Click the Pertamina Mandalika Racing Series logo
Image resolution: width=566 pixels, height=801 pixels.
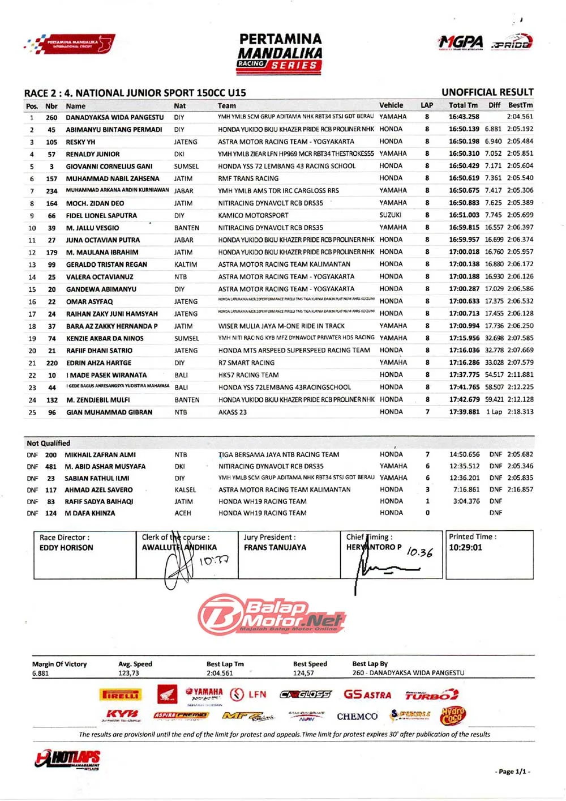coord(280,54)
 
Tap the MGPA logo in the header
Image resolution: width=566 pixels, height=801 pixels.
coord(461,42)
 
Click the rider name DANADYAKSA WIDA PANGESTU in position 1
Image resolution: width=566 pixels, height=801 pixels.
coord(114,117)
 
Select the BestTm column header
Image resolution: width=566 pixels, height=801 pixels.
coord(520,105)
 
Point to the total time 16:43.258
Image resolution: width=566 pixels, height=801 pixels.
coord(464,117)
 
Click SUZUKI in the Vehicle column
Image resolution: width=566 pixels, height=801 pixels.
coord(391,215)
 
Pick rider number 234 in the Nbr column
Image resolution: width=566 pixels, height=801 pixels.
coord(52,191)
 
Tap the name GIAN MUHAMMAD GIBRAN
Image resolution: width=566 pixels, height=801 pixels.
coord(109,412)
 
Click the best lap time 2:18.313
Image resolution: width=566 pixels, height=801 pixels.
coord(520,412)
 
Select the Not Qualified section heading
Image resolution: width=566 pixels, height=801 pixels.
coord(49,443)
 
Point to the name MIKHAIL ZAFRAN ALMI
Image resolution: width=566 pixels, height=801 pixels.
coord(100,455)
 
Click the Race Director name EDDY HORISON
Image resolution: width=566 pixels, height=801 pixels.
coord(66,548)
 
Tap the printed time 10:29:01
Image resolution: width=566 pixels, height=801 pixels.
coord(465,548)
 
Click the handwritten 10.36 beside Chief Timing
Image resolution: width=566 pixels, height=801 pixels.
coord(419,552)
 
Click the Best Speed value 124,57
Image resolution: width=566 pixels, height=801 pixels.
coord(303,673)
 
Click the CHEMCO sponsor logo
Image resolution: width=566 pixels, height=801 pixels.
coord(357,717)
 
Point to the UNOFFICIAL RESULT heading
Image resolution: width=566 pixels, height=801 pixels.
coord(487,92)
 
